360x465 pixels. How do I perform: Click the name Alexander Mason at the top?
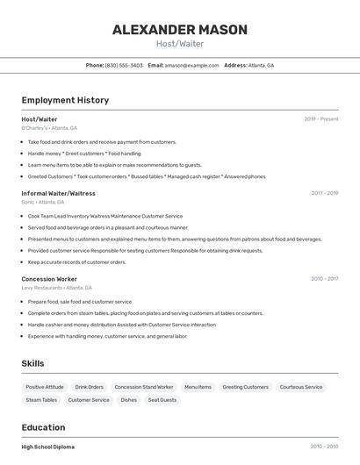click(179, 30)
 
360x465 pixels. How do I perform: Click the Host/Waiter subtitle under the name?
click(179, 44)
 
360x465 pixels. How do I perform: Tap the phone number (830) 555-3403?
click(124, 65)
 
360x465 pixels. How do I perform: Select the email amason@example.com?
click(191, 65)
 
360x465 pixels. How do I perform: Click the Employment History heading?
click(65, 100)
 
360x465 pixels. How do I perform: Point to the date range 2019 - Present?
click(320, 119)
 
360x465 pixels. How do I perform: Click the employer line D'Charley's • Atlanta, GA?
click(49, 128)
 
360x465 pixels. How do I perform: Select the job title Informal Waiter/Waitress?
click(58, 193)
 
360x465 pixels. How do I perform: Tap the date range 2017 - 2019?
click(324, 193)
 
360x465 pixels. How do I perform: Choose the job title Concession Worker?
click(49, 279)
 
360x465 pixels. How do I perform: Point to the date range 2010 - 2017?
click(324, 279)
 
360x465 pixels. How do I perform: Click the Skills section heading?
click(32, 363)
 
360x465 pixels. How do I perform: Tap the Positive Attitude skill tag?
click(45, 387)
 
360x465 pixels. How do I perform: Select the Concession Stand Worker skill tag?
click(144, 387)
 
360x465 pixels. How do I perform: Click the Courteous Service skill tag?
click(301, 387)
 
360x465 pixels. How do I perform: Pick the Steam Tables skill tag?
click(41, 400)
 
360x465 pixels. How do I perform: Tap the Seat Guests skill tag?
click(162, 400)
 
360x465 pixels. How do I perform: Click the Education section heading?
click(44, 427)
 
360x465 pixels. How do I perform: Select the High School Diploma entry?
click(48, 447)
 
